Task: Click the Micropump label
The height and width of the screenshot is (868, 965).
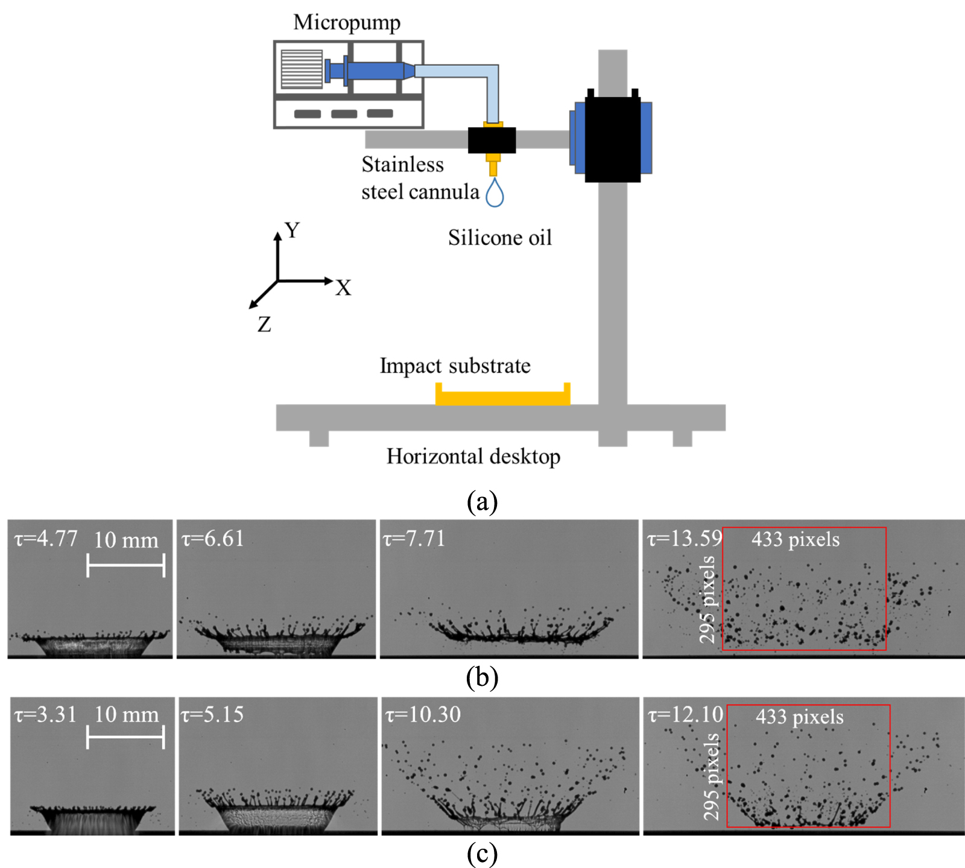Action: (x=346, y=22)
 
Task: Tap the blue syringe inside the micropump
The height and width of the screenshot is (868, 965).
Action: (x=374, y=71)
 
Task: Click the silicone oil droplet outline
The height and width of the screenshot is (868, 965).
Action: (x=495, y=193)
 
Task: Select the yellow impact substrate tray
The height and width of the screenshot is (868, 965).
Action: (x=502, y=398)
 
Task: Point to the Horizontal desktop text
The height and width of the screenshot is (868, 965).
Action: (x=473, y=457)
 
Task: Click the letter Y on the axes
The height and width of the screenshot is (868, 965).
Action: (x=293, y=230)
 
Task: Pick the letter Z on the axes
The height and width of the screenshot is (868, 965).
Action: (x=264, y=325)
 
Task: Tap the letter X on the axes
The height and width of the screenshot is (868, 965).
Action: (x=343, y=288)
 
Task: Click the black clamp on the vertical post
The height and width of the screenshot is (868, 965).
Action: (x=612, y=138)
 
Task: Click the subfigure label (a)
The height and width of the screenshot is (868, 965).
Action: (x=482, y=501)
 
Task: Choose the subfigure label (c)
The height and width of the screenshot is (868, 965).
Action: (x=482, y=854)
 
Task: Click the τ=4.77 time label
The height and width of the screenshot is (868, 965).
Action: (x=46, y=538)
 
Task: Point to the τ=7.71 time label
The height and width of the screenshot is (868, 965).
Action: (x=414, y=538)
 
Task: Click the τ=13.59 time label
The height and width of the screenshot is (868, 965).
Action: (x=685, y=538)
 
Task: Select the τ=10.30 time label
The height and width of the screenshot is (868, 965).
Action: (x=423, y=715)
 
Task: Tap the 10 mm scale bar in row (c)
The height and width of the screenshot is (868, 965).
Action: (x=125, y=737)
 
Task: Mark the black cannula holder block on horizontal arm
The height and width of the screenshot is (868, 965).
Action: (x=492, y=140)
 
